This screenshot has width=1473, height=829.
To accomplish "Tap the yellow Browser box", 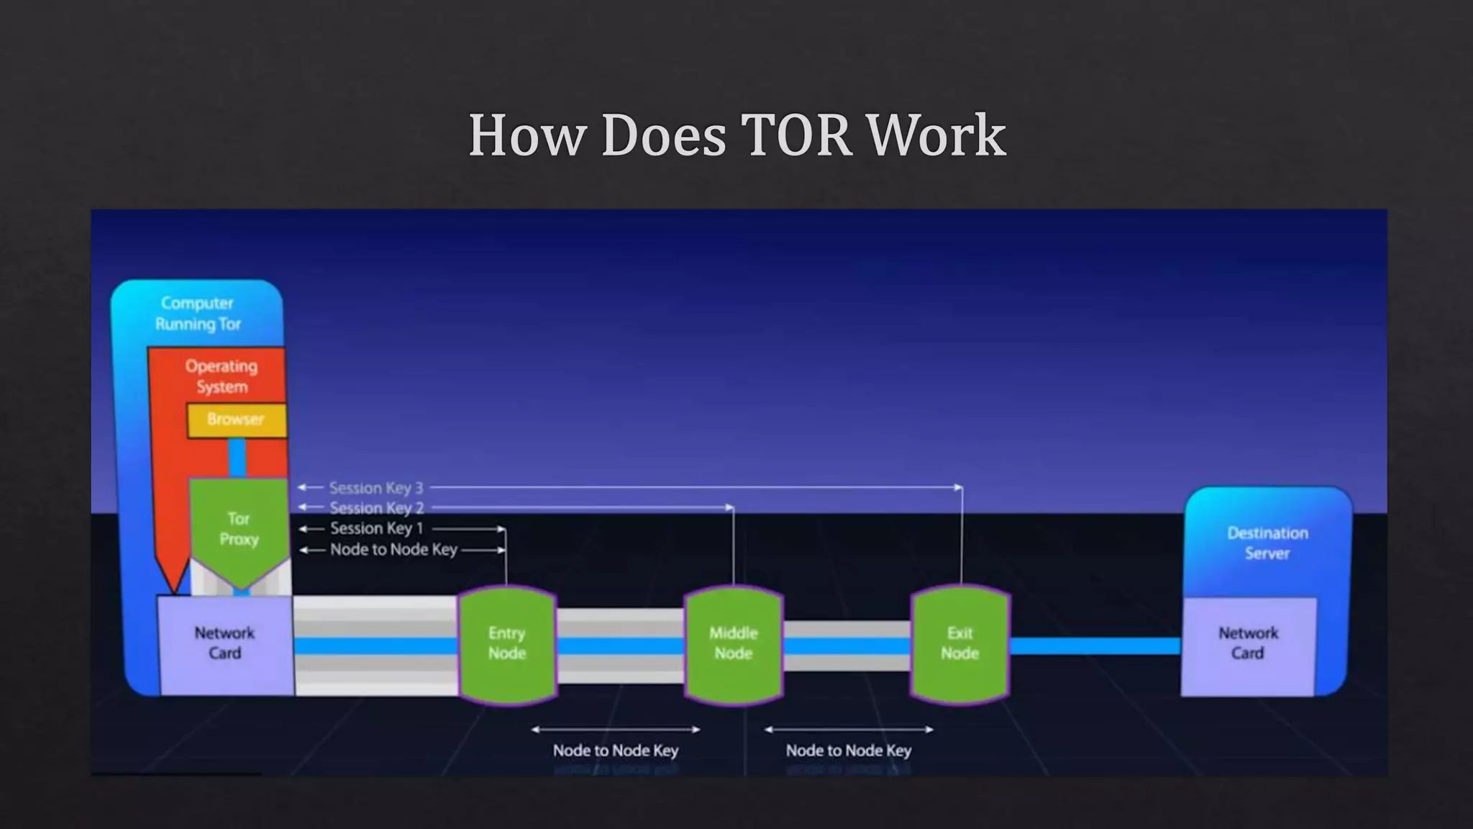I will pyautogui.click(x=236, y=420).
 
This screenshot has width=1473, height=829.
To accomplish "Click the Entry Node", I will pyautogui.click(x=507, y=644).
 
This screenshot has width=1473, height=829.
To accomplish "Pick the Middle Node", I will pyautogui.click(x=733, y=644).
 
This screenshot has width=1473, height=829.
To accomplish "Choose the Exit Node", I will pyautogui.click(x=959, y=644).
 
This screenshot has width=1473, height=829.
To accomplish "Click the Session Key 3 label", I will pyautogui.click(x=376, y=488).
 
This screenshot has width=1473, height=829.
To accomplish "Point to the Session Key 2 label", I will pyautogui.click(x=376, y=508).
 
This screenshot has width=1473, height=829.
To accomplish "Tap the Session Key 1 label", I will pyautogui.click(x=376, y=529).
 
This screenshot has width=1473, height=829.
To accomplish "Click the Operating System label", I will pyautogui.click(x=222, y=376).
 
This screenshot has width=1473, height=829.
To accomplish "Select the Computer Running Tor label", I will pyautogui.click(x=198, y=314).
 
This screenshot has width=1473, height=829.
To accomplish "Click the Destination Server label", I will pyautogui.click(x=1267, y=543).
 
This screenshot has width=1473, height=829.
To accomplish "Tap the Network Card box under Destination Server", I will pyautogui.click(x=1248, y=644).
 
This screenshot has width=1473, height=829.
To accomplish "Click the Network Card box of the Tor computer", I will pyautogui.click(x=224, y=644).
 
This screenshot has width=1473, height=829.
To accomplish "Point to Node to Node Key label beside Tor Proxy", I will pyautogui.click(x=393, y=550).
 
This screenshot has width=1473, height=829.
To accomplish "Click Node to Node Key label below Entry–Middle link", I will pyautogui.click(x=616, y=751).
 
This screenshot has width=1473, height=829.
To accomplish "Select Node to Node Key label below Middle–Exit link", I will pyautogui.click(x=849, y=751).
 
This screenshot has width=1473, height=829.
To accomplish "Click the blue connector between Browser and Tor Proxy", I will pyautogui.click(x=237, y=458).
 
